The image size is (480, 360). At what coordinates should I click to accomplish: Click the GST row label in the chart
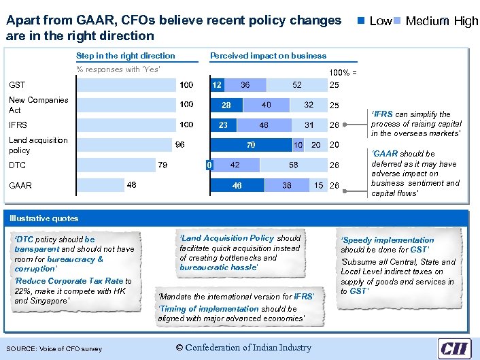pos(17,85)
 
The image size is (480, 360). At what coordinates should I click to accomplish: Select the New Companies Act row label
pos(38,105)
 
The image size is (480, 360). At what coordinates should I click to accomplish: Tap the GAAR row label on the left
pos(20,185)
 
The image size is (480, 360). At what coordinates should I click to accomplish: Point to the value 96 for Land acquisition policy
pos(180,145)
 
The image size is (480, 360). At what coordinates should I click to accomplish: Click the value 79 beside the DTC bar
pos(162,165)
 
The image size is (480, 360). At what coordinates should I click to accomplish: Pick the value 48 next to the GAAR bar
pos(131,185)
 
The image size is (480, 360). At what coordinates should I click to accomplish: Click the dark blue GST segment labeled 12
pos(216,85)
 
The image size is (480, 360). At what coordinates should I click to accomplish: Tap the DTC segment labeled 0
pos(209,165)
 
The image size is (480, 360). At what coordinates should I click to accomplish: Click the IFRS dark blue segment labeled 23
pos(222,125)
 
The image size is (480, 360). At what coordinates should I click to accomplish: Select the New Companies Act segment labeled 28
pos(226,105)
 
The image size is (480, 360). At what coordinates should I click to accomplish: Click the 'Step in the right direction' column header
pos(126,56)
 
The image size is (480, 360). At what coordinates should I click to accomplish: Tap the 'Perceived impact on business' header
pos(268,56)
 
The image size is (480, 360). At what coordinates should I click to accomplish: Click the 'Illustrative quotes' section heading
pos(44,218)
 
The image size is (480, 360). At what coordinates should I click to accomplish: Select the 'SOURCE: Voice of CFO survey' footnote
pos(54,349)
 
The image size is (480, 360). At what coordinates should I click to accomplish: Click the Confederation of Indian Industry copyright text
pos(243,348)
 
